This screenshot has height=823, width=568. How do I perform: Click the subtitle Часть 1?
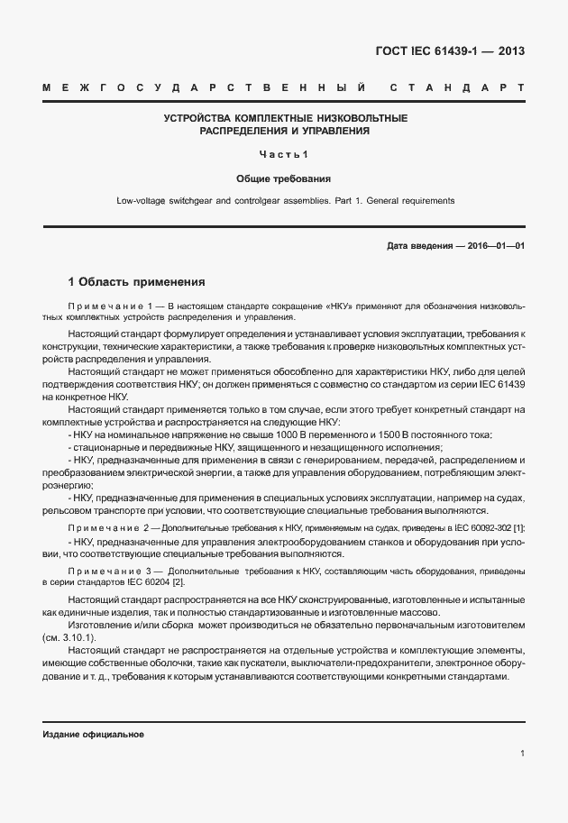[x=284, y=153]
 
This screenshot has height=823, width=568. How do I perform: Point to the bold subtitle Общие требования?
[x=284, y=178]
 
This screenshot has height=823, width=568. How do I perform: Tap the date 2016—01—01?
[x=495, y=245]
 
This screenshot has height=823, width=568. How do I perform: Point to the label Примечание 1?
[x=105, y=306]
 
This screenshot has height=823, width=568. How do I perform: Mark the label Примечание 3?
[x=106, y=572]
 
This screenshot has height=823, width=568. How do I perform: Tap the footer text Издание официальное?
[x=94, y=735]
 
